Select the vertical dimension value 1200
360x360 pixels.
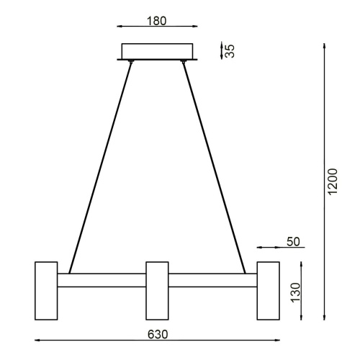tap(332, 184)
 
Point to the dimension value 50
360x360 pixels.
tap(292, 241)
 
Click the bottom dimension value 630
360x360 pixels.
tap(158, 334)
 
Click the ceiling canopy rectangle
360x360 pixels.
tap(159, 51)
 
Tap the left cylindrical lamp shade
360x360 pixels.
tap(46, 290)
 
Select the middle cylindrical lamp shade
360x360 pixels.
tap(157, 290)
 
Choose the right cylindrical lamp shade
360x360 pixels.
tap(269, 290)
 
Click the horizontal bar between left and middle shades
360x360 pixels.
tap(102, 281)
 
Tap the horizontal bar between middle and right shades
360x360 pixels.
tap(213, 281)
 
